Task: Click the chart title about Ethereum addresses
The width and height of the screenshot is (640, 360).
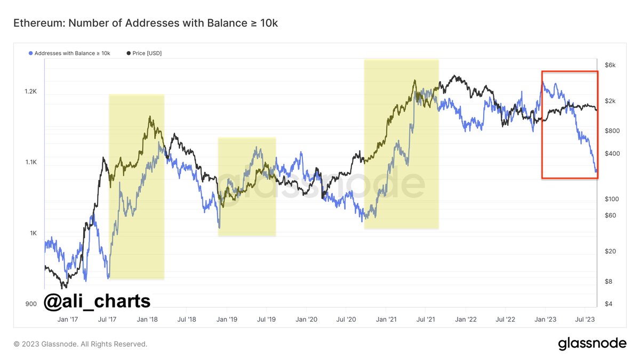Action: click(x=145, y=23)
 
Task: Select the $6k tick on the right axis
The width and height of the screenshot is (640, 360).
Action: click(x=611, y=65)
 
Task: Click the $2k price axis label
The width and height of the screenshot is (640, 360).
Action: click(x=611, y=101)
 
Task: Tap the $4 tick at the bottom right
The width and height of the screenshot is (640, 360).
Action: click(x=609, y=304)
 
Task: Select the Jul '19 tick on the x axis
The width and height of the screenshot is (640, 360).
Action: click(x=266, y=319)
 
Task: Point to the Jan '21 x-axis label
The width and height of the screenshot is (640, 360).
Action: click(x=385, y=319)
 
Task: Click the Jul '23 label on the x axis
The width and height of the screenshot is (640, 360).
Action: click(x=585, y=319)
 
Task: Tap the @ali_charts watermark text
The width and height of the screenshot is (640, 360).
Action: click(x=97, y=301)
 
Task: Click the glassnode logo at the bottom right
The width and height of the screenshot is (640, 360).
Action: click(x=592, y=344)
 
